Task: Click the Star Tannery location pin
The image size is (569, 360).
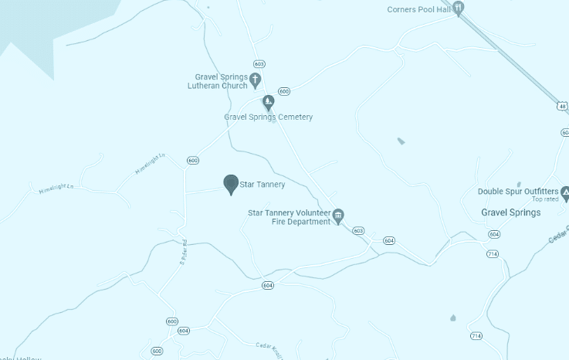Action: (x=230, y=184)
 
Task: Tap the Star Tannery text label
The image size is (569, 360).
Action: (x=262, y=185)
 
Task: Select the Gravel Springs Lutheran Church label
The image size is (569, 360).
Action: (x=221, y=81)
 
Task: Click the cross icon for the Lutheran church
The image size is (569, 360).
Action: (x=255, y=79)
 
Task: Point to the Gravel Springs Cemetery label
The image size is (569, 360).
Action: (x=268, y=117)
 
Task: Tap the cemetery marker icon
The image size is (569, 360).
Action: (x=268, y=101)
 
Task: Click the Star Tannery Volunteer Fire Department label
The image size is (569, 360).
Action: (x=289, y=216)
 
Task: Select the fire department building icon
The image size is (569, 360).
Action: (x=337, y=216)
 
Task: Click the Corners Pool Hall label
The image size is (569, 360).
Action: (x=419, y=9)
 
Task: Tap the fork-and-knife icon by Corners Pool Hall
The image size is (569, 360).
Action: (x=459, y=8)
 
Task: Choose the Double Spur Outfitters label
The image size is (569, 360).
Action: (x=517, y=192)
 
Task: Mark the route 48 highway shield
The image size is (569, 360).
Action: (x=563, y=106)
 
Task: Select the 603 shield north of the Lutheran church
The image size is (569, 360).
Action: (x=259, y=63)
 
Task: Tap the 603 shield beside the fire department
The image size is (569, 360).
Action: (x=357, y=230)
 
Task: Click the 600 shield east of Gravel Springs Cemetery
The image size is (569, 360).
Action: (x=284, y=91)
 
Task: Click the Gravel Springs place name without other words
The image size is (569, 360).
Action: (x=510, y=212)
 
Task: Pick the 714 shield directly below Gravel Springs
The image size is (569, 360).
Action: (x=493, y=253)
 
